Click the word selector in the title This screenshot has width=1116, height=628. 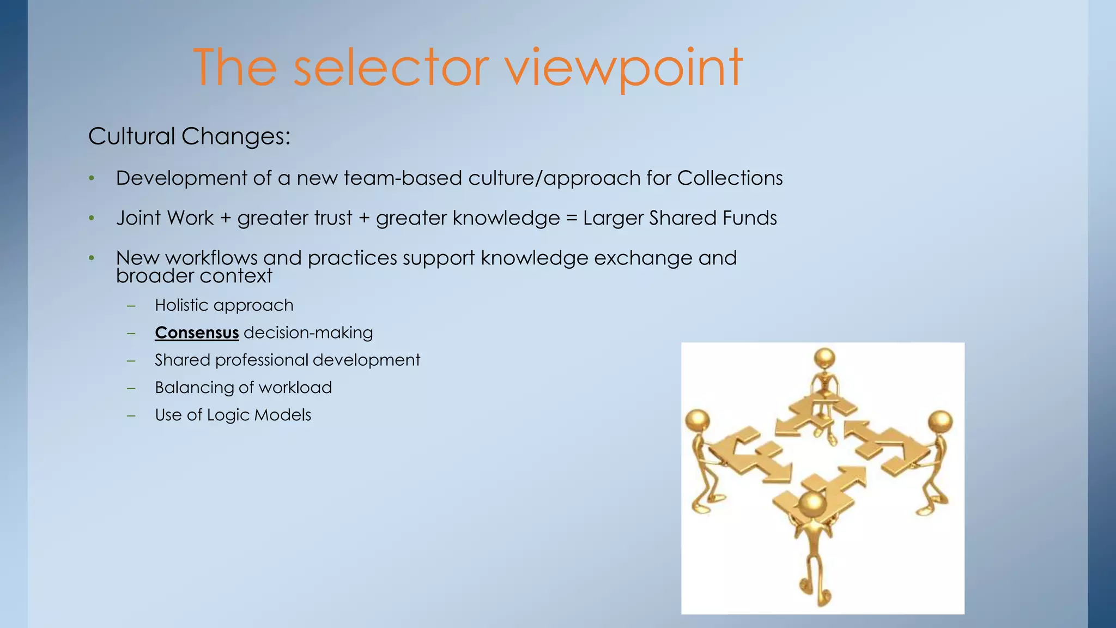[391, 68]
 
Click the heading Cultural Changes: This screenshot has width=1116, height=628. [189, 136]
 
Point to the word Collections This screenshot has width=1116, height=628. [730, 178]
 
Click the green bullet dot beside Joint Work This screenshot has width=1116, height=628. [92, 219]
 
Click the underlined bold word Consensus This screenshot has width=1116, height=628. [197, 333]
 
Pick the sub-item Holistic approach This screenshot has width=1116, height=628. [224, 305]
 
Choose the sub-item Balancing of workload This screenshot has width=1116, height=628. [243, 388]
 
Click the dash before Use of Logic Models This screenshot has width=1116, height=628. [131, 415]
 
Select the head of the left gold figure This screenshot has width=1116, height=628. [697, 420]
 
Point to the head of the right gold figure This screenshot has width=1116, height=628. [939, 422]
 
